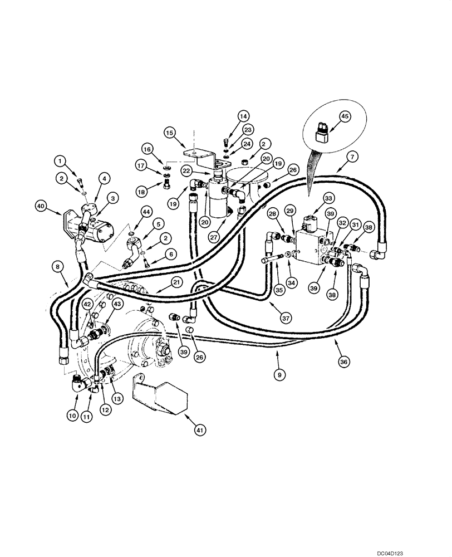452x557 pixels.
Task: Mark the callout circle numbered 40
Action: [41, 206]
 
